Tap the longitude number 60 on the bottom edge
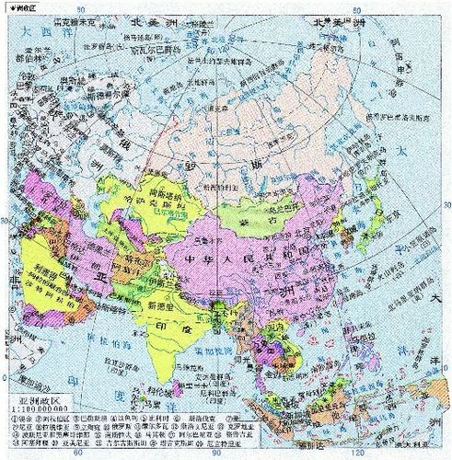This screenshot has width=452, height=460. (x=80, y=454)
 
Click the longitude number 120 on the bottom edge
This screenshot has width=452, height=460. (x=344, y=454)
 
